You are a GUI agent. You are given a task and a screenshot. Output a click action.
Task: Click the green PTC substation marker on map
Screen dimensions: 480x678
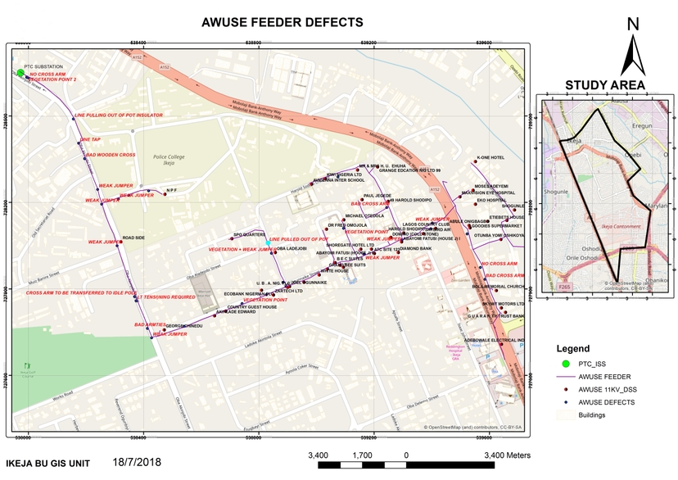20,73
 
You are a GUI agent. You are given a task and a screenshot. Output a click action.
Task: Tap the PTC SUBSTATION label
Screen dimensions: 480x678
43,66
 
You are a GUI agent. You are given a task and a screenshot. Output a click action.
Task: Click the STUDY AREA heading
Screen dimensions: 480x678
605,84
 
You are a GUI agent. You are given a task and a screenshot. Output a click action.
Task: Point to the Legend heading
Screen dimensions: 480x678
572,348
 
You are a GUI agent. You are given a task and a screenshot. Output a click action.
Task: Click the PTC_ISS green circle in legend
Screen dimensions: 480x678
563,364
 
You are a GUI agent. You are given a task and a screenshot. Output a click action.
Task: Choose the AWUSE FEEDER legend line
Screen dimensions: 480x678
563,377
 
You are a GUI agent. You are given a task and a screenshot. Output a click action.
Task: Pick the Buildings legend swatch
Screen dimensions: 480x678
563,415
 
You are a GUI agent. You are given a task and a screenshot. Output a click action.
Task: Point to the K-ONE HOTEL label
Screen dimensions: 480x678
490,157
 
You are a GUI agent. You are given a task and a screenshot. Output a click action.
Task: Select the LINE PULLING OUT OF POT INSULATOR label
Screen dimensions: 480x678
119,115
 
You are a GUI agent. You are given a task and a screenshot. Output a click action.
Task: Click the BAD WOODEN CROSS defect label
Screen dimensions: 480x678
111,155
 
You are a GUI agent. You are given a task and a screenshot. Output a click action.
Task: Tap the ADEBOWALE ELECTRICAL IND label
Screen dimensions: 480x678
494,339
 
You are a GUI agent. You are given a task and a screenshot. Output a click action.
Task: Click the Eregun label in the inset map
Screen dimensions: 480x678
641,125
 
